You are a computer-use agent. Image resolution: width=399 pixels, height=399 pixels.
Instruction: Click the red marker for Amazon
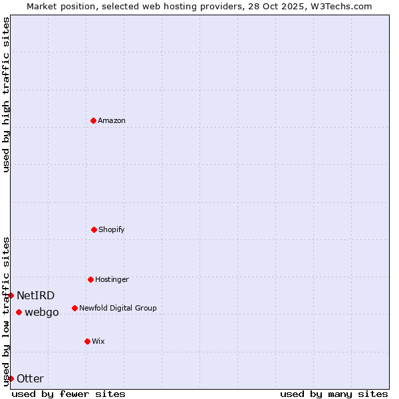[x=93, y=120]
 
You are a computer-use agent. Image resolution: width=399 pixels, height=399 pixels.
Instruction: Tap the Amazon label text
[x=112, y=120]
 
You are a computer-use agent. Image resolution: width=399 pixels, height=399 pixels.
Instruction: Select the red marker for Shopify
[x=94, y=229]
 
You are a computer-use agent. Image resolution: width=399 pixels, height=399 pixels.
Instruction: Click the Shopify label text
[x=112, y=229]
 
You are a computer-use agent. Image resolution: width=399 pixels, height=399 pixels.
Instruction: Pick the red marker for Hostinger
[x=90, y=279]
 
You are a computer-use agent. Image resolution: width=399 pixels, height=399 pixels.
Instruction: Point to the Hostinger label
[x=112, y=279]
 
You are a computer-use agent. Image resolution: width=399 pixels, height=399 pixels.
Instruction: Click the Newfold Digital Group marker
[x=74, y=308]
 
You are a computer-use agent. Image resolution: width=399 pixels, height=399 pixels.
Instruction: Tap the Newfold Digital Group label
[x=118, y=308]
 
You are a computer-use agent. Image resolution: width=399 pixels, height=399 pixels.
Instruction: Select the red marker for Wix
[x=87, y=341]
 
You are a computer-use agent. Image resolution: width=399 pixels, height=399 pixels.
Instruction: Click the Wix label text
[x=98, y=341]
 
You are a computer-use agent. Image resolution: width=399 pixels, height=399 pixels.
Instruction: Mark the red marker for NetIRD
[x=11, y=295]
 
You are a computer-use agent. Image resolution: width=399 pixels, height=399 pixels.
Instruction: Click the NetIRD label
[x=36, y=295]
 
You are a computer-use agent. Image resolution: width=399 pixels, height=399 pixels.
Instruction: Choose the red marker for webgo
[x=19, y=312]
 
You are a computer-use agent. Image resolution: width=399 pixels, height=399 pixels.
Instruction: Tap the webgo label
[x=42, y=312]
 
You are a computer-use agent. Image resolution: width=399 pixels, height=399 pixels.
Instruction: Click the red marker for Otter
[x=11, y=378]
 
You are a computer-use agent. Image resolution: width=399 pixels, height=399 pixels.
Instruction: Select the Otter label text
[x=30, y=378]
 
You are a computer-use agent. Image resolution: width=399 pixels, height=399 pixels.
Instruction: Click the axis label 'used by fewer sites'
[x=68, y=394]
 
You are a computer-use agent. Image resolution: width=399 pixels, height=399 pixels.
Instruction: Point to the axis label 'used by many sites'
[x=334, y=394]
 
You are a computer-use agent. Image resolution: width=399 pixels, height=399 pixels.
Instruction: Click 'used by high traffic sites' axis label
[x=6, y=94]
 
